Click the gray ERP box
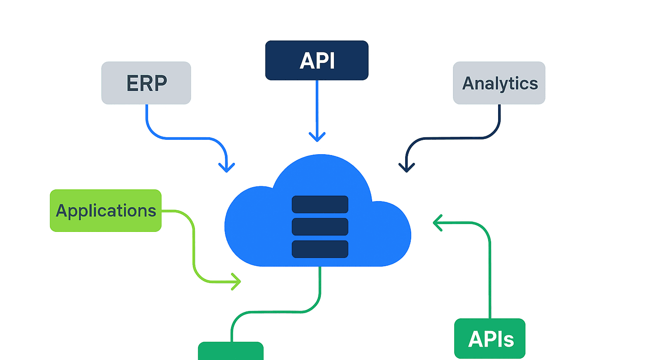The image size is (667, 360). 146,83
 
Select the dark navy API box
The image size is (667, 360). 317,60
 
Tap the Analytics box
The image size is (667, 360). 499,83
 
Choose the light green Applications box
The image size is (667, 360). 106,211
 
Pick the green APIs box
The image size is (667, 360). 489,339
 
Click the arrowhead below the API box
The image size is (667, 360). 317,138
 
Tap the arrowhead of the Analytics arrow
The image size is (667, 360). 406,169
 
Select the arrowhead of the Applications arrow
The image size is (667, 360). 238,282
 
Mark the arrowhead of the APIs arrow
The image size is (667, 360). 436,223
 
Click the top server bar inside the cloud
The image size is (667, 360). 320,205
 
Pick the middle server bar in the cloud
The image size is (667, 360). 320,227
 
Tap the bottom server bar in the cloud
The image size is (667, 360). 320,249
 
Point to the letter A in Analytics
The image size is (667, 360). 468,83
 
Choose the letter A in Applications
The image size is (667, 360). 62,211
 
